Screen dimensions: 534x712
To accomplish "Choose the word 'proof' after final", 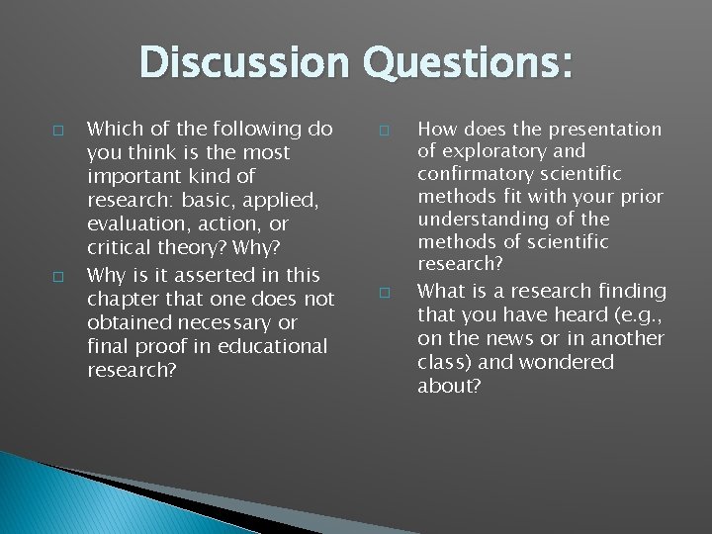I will tap(157, 346).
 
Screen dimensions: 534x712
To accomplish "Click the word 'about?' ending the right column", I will tap(450, 386).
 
